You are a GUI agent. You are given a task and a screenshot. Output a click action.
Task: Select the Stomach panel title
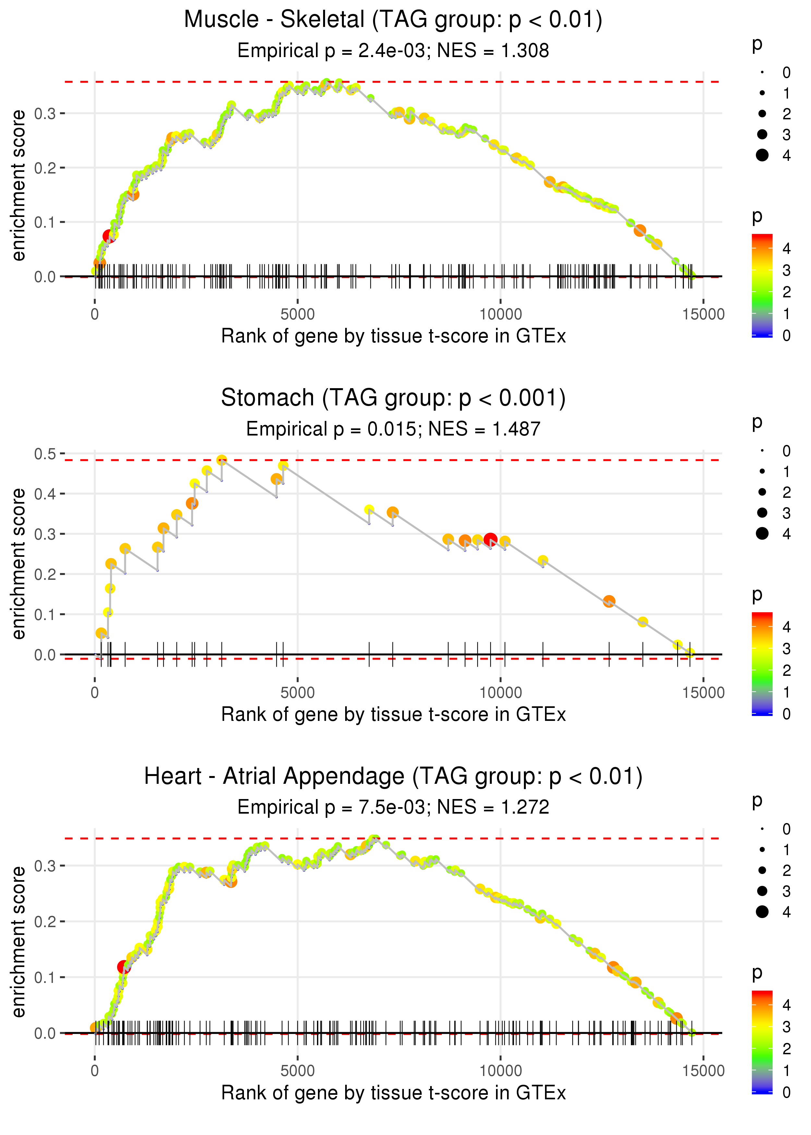click(x=393, y=398)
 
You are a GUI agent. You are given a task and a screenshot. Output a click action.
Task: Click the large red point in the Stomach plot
click(x=490, y=539)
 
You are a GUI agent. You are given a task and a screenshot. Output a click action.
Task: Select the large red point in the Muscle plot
click(x=109, y=236)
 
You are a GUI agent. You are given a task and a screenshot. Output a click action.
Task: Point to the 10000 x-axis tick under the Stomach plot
click(x=500, y=692)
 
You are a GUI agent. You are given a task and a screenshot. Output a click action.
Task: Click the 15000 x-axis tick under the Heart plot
click(x=703, y=1070)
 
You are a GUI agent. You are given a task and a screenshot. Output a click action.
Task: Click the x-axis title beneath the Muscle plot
click(x=393, y=336)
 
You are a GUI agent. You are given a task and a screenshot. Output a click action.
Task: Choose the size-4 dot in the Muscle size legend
click(x=762, y=155)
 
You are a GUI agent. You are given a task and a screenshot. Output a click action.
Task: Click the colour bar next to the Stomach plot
click(x=762, y=664)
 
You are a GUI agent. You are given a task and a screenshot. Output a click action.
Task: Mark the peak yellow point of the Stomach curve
click(x=222, y=460)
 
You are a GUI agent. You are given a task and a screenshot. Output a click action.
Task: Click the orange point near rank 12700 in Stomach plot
click(x=609, y=601)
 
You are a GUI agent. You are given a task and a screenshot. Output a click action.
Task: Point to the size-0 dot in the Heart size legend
click(x=762, y=829)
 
